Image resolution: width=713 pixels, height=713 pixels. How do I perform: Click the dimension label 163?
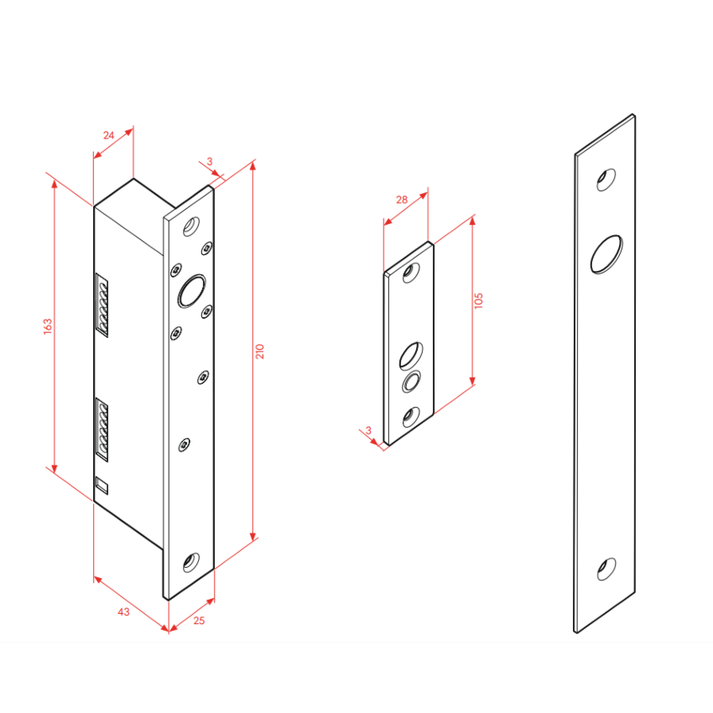48,326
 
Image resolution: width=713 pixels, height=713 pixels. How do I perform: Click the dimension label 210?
260,351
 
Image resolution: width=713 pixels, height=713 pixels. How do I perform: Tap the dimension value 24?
109,135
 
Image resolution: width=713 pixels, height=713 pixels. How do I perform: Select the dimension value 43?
123,612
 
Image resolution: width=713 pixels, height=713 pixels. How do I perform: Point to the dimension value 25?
199,620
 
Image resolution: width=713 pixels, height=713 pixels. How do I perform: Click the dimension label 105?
478,301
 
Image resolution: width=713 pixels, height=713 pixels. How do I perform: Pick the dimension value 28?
402,199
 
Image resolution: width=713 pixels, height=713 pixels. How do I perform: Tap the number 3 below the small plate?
368,429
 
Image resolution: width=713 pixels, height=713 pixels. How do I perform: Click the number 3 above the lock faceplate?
210,161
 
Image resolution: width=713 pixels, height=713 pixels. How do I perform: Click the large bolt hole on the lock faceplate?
191,291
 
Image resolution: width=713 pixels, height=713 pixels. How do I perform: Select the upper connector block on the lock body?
101,305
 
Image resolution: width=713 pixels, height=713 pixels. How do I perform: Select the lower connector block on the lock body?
101,429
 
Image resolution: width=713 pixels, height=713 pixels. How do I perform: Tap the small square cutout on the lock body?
101,485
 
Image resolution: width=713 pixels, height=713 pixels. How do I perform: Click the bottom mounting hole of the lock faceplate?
191,563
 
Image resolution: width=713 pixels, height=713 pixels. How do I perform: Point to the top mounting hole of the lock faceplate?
191,226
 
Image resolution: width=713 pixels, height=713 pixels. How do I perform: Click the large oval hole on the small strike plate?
411,355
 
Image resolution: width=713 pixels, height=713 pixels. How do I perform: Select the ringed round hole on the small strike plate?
411,381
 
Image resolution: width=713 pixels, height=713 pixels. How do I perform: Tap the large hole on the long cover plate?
606,254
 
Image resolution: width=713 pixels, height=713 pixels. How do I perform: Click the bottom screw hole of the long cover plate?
606,570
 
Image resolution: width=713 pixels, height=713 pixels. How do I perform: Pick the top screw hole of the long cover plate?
606,180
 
